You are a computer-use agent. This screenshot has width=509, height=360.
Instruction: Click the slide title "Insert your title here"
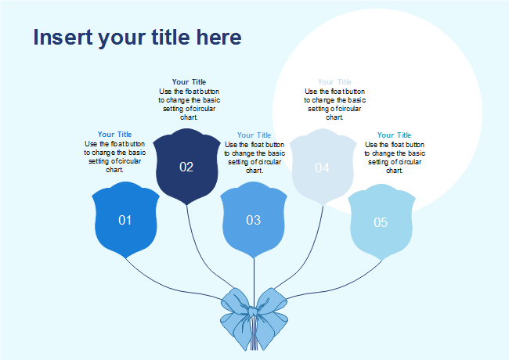[137, 38]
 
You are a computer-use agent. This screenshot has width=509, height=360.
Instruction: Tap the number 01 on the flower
[125, 220]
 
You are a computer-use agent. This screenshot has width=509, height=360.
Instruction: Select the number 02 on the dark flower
[186, 167]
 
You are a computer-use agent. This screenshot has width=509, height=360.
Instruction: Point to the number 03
[254, 220]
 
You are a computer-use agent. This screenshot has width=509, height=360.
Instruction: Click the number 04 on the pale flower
[323, 167]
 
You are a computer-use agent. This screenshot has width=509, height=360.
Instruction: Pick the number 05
[381, 222]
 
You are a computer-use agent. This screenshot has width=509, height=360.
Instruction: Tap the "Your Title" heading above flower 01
[114, 135]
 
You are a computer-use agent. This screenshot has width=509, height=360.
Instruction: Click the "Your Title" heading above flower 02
[189, 82]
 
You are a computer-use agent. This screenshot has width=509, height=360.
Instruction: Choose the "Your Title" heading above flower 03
[254, 135]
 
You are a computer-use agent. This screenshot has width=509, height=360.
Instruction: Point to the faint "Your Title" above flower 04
[334, 82]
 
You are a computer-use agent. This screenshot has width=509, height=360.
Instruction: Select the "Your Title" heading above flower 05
[394, 135]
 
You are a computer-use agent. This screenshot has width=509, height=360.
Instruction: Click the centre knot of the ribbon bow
[254, 312]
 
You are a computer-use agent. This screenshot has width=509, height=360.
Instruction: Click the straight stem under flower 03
[254, 274]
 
